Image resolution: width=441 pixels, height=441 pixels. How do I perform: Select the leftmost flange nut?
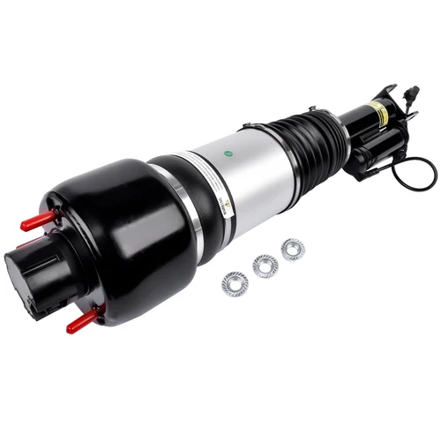(x=235, y=284)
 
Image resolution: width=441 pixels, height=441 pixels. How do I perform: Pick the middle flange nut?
(x=265, y=265)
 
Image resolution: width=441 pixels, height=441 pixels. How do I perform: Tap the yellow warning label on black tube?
(x=377, y=112)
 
